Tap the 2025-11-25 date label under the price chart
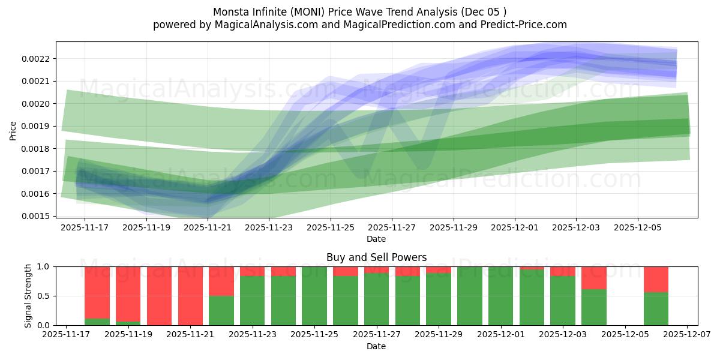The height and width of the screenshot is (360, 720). pos(331,228)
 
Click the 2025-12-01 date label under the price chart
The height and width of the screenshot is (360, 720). pos(515,228)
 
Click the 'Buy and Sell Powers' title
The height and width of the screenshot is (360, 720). pos(376,257)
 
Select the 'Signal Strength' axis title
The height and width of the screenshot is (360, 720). pos(28,295)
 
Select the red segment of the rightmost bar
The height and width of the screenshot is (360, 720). pos(656,279)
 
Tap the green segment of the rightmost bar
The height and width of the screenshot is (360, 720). pos(656,308)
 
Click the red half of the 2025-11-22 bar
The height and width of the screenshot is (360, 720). pos(221,281)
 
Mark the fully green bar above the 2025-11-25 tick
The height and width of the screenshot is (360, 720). pos(314,296)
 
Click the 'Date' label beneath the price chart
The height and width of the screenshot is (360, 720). pos(376,239)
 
